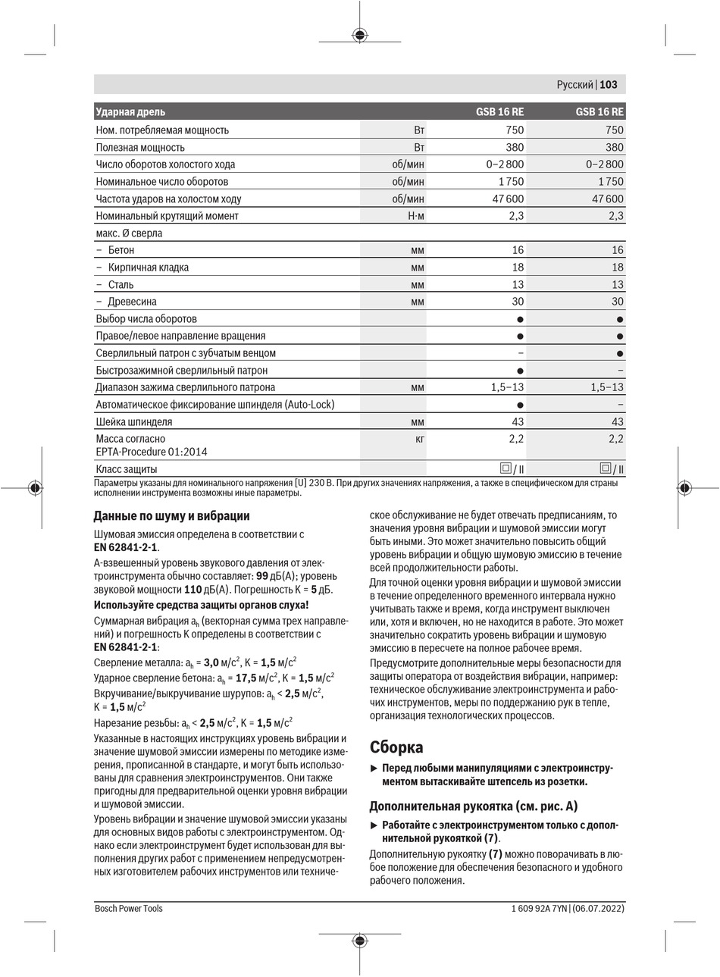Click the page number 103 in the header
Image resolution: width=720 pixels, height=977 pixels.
609,86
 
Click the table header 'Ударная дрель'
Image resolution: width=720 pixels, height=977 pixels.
130,112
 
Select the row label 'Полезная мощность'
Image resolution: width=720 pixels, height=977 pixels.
140,147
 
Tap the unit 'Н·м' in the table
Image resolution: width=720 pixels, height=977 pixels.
416,216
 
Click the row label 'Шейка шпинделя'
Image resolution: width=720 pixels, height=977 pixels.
134,421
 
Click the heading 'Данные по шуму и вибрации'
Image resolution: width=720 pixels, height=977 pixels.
171,516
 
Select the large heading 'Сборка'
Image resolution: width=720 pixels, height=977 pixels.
396,747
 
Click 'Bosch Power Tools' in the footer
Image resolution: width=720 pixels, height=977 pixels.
129,908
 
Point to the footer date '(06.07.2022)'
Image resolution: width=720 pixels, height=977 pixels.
598,908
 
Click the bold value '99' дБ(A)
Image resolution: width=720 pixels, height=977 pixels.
262,575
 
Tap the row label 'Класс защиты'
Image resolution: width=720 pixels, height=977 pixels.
127,469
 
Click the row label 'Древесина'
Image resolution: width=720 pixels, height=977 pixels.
133,302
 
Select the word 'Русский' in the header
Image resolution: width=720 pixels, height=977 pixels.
574,86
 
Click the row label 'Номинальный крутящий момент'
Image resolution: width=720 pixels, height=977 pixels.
167,216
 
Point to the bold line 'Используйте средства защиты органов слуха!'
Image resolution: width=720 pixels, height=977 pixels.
201,604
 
